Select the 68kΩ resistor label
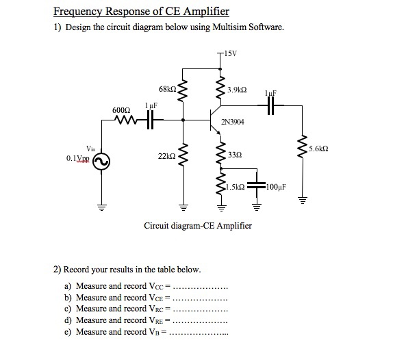167,90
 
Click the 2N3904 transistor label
233,122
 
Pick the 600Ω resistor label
120,110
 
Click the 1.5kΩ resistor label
234,185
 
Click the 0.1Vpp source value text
80,159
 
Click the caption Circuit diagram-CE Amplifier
198,225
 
